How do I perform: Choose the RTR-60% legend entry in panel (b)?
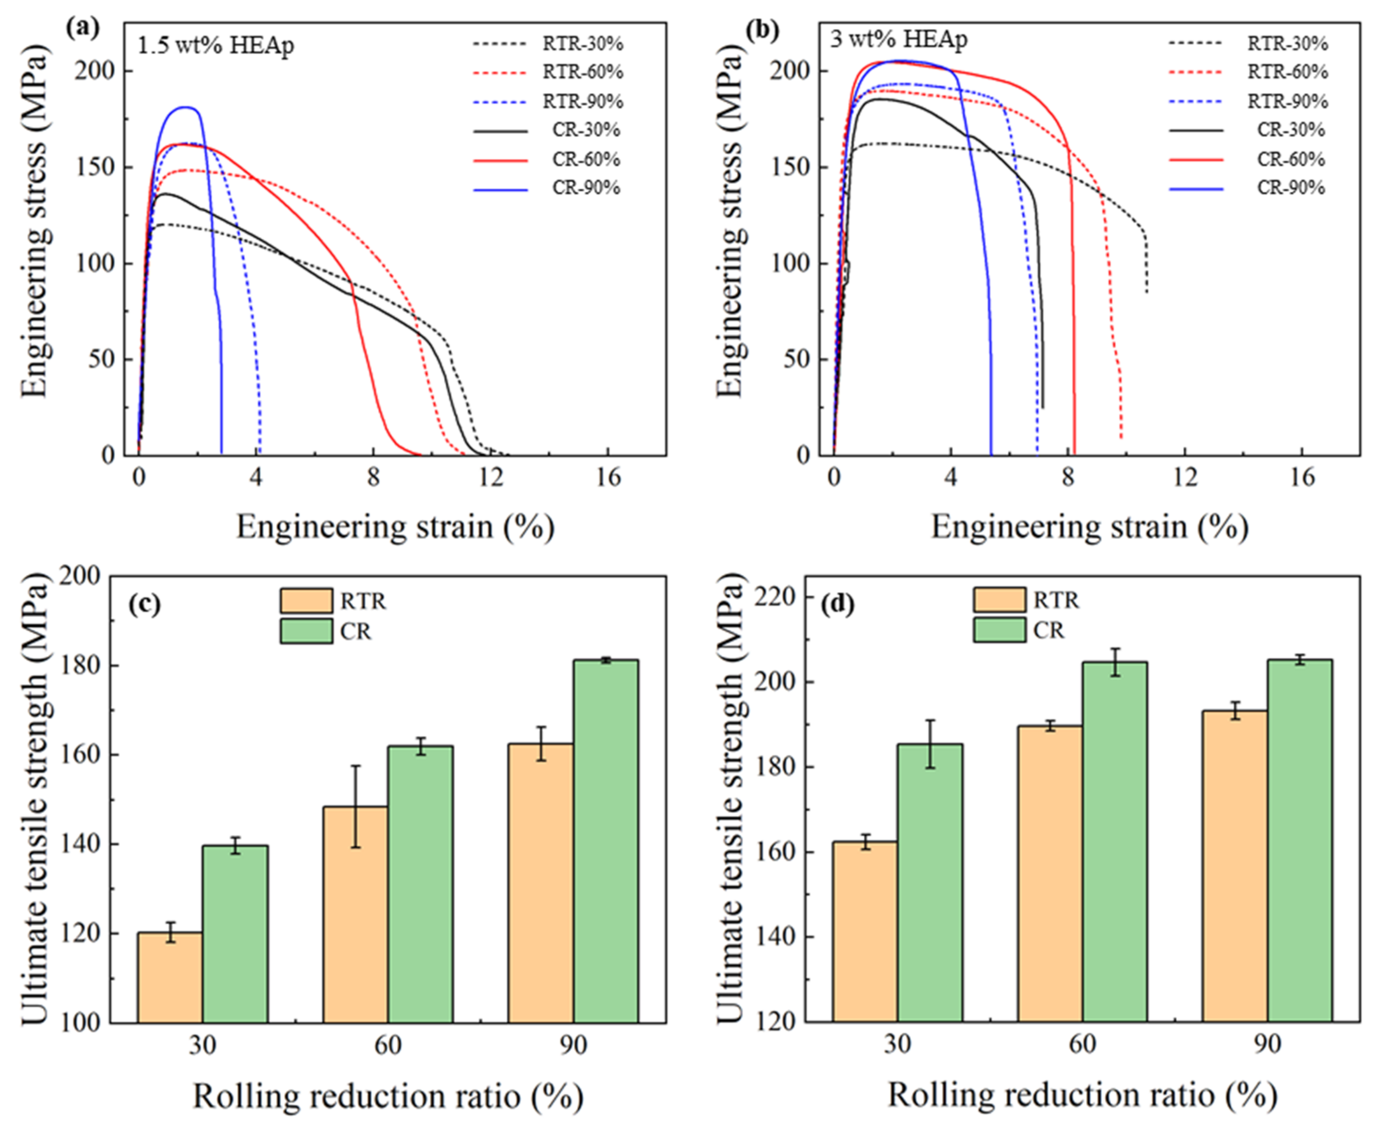coord(1248,72)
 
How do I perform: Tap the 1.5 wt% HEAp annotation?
coord(216,46)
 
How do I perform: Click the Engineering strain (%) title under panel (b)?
coord(1089,527)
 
